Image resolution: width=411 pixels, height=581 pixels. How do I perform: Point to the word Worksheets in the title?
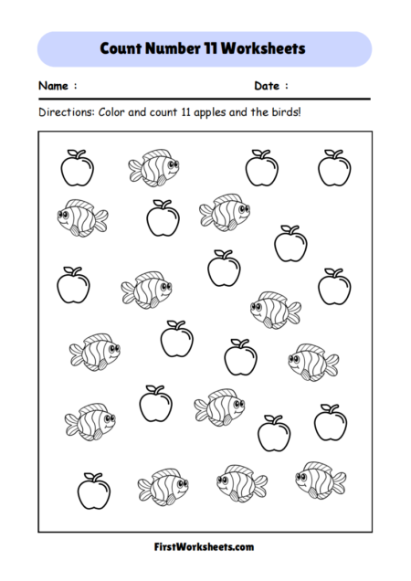[x=269, y=48]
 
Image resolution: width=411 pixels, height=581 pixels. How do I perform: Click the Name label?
[x=54, y=86]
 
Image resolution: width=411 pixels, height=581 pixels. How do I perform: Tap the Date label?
[x=267, y=86]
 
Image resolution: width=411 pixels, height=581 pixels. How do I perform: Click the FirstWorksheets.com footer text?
[x=205, y=546]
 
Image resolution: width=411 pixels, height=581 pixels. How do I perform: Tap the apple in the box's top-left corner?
[x=76, y=167]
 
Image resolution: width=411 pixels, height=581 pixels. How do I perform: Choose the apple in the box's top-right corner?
[x=333, y=167]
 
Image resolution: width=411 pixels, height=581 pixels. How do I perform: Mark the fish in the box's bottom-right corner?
[x=321, y=478]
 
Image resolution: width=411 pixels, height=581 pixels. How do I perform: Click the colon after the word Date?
[x=286, y=87]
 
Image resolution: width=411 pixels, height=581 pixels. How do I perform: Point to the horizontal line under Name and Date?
[x=205, y=99]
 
